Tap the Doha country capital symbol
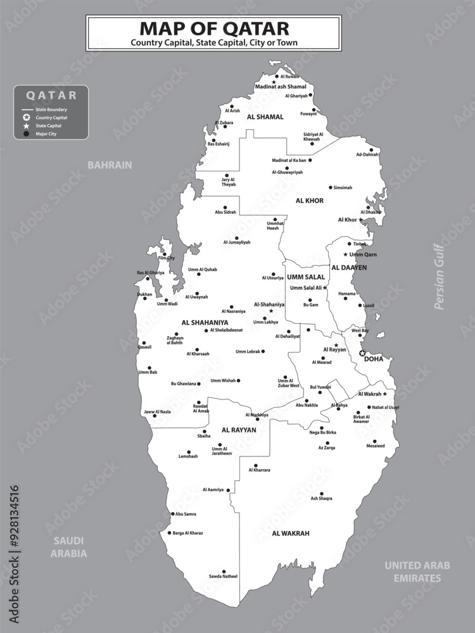362,353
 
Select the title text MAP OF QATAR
214,28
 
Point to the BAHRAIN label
110,165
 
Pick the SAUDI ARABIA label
69,547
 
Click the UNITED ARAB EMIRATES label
417,571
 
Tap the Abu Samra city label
186,514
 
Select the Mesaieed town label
375,446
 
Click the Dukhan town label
145,295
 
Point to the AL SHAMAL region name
265,117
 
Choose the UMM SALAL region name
305,277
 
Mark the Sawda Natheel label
224,576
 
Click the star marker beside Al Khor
361,220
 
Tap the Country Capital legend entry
51,118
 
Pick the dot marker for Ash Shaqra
321,494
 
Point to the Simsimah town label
343,188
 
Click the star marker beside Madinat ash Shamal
274,82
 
